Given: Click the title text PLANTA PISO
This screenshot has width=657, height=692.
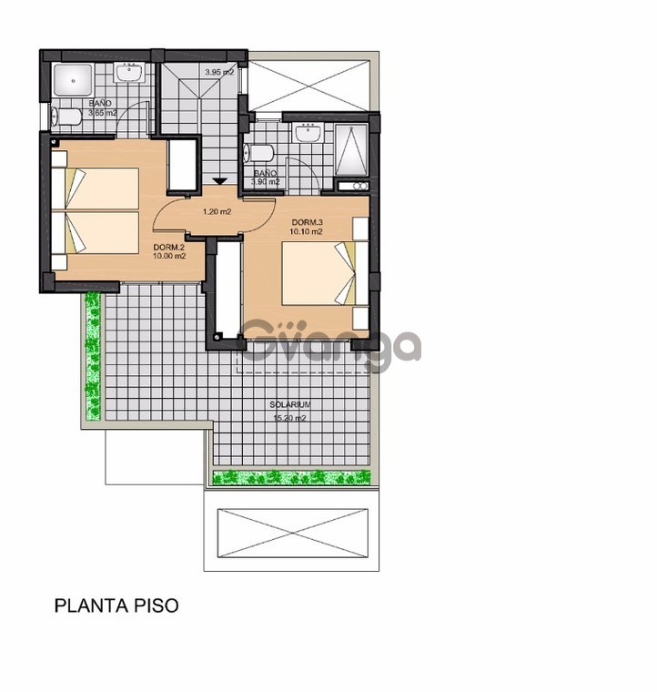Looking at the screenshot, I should pyautogui.click(x=116, y=605).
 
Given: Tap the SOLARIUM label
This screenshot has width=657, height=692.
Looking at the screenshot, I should pyautogui.click(x=291, y=404).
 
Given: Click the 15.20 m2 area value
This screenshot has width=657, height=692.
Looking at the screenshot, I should pyautogui.click(x=290, y=418).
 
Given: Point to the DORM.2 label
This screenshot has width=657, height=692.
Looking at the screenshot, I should pyautogui.click(x=169, y=247).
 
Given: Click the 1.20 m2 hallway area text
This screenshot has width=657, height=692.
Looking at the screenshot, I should pyautogui.click(x=216, y=212).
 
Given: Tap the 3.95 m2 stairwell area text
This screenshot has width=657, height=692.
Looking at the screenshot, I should pyautogui.click(x=218, y=72).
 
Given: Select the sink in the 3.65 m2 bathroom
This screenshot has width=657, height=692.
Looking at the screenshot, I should pyautogui.click(x=132, y=73).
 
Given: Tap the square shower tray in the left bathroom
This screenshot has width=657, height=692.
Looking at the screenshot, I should pyautogui.click(x=71, y=81).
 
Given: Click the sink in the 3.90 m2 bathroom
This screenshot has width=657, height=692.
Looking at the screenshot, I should pyautogui.click(x=309, y=134).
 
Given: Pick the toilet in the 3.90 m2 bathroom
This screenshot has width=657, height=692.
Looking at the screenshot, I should pyautogui.click(x=258, y=152).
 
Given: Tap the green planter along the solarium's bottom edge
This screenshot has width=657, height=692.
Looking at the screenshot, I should pyautogui.click(x=292, y=477).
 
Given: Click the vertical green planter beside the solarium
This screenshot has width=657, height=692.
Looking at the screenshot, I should pyautogui.click(x=91, y=355).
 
